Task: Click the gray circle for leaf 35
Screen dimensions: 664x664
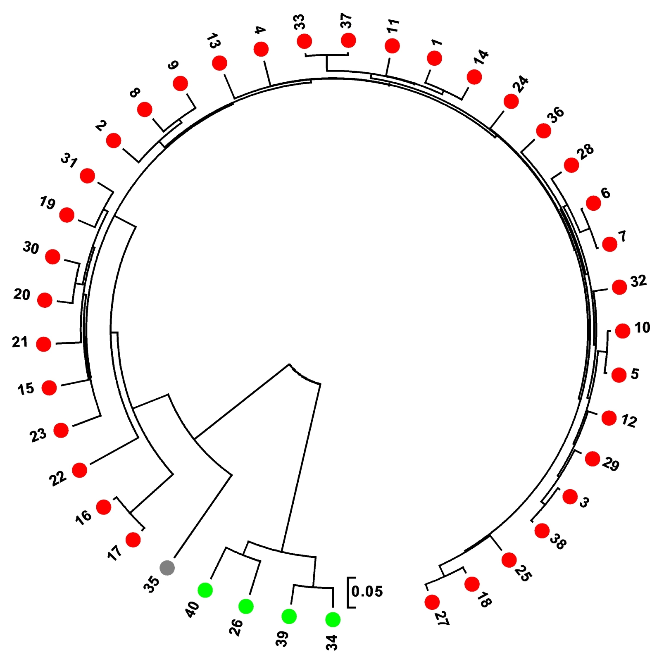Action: click(x=167, y=568)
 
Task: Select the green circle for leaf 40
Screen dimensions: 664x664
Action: click(x=205, y=590)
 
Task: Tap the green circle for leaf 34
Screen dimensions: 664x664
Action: click(x=333, y=619)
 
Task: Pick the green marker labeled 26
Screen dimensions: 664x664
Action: click(x=246, y=606)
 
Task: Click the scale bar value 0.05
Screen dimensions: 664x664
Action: click(x=367, y=591)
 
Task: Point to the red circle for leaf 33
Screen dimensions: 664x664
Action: click(x=305, y=41)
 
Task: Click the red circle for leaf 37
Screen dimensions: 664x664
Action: click(x=348, y=40)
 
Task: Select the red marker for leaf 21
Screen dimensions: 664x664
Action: click(x=44, y=344)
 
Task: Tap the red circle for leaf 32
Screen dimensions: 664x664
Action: click(x=619, y=287)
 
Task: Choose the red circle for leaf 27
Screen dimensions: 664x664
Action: click(x=432, y=602)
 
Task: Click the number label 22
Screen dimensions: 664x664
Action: click(x=58, y=478)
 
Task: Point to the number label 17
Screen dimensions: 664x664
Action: click(x=114, y=552)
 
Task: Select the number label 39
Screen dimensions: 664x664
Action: click(x=282, y=639)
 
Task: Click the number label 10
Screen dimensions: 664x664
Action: click(x=642, y=328)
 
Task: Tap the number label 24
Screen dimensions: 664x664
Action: click(x=521, y=84)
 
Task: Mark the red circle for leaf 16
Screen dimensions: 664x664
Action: click(x=104, y=507)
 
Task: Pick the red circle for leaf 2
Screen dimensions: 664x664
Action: click(x=114, y=140)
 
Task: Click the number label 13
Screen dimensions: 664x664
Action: click(x=213, y=41)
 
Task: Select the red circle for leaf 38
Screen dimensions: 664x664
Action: click(x=542, y=531)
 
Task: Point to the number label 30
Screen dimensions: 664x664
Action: click(x=31, y=248)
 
